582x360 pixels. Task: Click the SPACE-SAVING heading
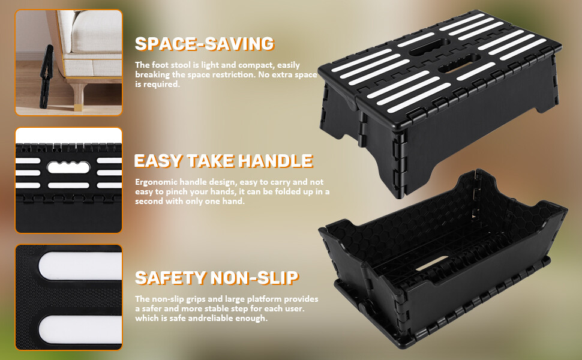pyautogui.click(x=204, y=43)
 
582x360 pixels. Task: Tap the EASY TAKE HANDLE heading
pyautogui.click(x=223, y=161)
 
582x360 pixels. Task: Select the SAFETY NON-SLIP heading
pyautogui.click(x=217, y=278)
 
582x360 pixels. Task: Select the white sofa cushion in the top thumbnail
pyautogui.click(x=97, y=32)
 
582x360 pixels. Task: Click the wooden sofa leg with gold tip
pyautogui.click(x=79, y=97)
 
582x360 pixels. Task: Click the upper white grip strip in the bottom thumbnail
pyautogui.click(x=80, y=266)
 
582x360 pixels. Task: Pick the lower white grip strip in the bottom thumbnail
pyautogui.click(x=80, y=329)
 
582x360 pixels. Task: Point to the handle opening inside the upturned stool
pyautogui.click(x=431, y=263)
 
